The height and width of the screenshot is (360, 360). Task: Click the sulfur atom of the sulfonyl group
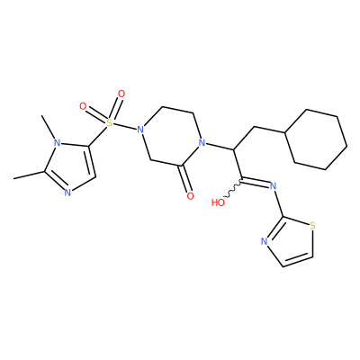coord(110,122)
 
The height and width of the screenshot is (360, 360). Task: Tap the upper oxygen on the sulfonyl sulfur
coord(121,94)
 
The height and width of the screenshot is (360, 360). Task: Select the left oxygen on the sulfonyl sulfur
coord(83,106)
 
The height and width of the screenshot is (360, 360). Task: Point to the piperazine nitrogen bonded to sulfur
coord(139,130)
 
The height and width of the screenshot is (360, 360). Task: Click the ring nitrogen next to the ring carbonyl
coord(202,143)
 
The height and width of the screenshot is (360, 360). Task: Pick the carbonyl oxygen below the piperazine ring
coord(190,196)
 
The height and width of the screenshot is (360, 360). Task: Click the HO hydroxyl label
coord(218,202)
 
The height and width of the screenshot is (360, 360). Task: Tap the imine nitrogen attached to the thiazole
coord(273,186)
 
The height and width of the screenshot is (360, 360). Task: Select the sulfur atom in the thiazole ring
coord(313,226)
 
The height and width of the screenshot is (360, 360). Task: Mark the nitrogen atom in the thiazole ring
coord(264,242)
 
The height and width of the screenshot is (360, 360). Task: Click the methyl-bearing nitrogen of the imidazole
coord(57,143)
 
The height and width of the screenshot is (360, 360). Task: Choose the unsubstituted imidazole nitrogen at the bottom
coord(67,193)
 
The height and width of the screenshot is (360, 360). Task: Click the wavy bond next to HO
coord(233,189)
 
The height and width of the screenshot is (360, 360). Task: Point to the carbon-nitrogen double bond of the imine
coord(256,181)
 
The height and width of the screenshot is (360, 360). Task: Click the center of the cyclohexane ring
coord(316,139)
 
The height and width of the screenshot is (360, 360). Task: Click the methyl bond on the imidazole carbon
coord(30,175)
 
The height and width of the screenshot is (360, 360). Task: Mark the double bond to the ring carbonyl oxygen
coord(184,179)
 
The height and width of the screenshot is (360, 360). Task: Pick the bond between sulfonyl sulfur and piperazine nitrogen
coord(125,126)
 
